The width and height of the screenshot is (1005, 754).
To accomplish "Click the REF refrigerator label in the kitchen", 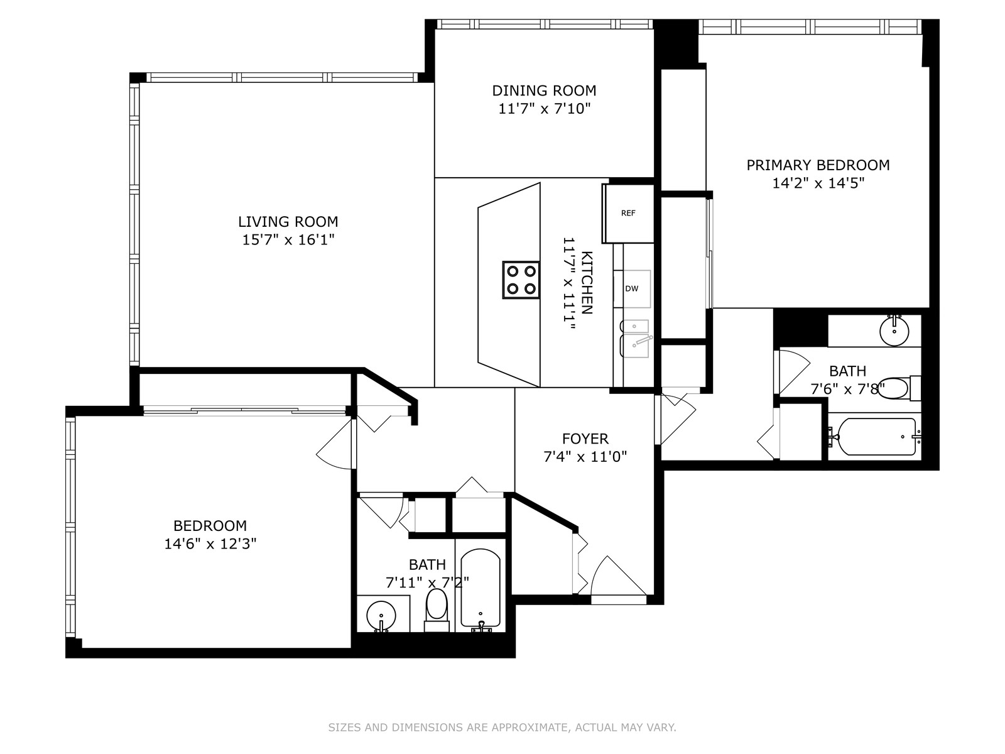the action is [x=628, y=213].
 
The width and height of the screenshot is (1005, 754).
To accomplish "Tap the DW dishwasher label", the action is [x=632, y=288].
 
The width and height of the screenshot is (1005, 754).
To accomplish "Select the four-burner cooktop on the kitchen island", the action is [x=521, y=280].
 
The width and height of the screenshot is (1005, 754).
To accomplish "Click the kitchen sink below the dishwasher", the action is [x=634, y=339].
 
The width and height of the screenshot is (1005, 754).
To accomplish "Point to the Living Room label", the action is [x=288, y=222].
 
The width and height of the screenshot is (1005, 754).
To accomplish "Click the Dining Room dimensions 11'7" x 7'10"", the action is [x=545, y=109].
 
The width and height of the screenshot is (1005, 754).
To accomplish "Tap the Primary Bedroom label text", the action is [x=818, y=165].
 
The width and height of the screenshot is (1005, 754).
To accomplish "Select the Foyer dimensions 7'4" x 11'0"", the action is [x=585, y=456].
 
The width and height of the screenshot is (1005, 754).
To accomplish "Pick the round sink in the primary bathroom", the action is [x=894, y=331].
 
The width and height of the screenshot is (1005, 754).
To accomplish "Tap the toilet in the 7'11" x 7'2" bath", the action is [x=437, y=609].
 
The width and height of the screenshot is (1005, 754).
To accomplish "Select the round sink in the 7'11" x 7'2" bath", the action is [x=381, y=615].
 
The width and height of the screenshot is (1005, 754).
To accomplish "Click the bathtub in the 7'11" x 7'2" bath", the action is [x=481, y=589].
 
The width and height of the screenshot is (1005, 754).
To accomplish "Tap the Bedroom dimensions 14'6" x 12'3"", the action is [x=210, y=544].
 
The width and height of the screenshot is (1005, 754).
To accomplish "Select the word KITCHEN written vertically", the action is [x=587, y=283].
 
